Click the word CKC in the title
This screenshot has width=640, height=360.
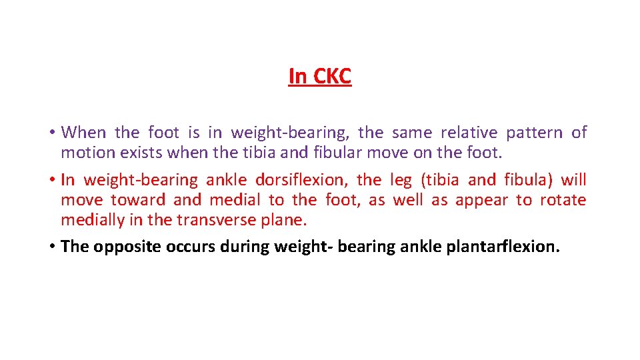[x=331, y=77]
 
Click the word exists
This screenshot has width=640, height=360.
[x=141, y=153]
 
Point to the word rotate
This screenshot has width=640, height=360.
[x=563, y=200]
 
